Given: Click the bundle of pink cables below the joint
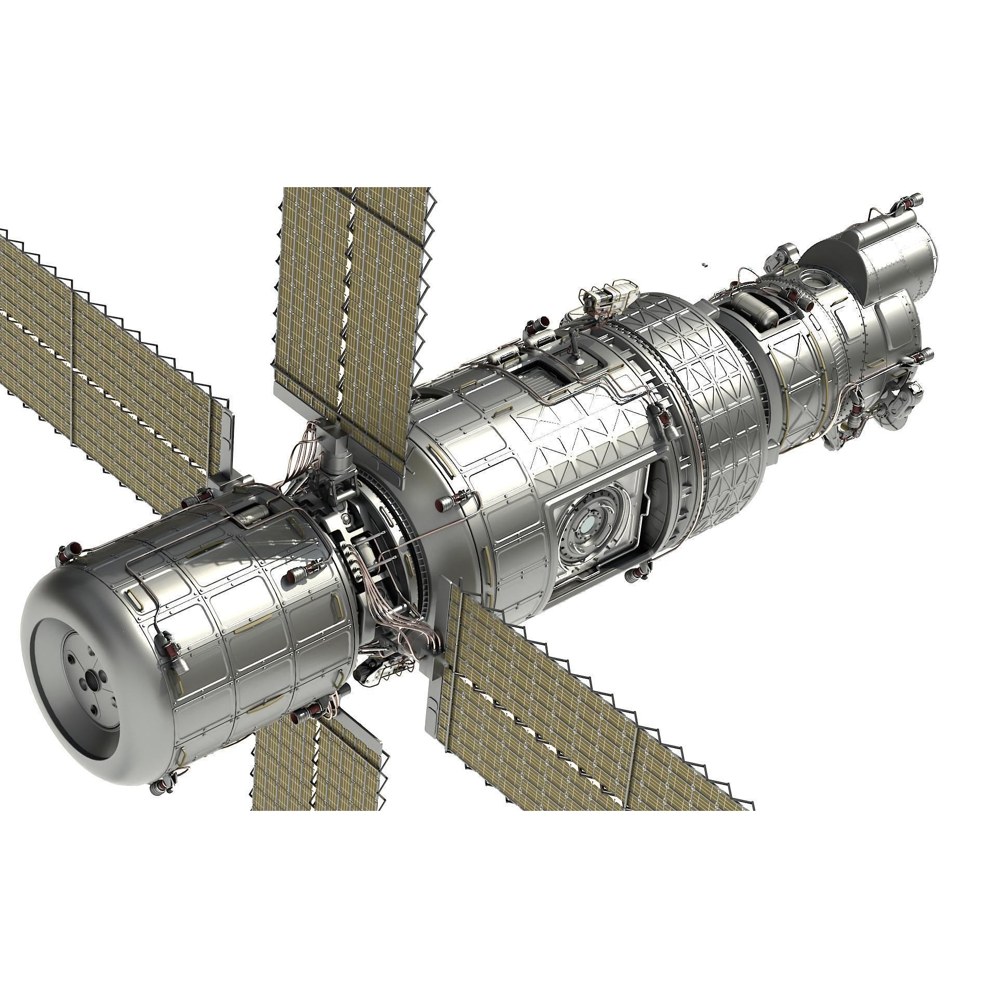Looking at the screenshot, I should coord(393,613).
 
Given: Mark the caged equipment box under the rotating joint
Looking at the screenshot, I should coord(382,671).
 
